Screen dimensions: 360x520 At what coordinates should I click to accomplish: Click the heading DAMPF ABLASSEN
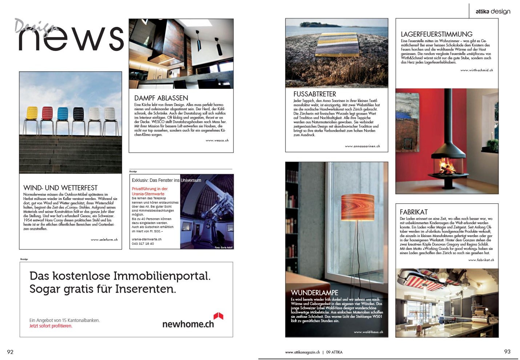pos(161,98)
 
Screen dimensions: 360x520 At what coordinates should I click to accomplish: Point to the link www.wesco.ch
pos(217,140)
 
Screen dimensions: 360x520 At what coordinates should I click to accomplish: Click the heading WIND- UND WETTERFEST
pos(60,188)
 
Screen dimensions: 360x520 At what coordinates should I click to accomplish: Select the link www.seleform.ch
pos(104,240)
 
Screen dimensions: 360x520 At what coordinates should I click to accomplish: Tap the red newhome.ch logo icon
pos(218,316)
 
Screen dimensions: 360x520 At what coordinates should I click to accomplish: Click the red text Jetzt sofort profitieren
pos(51,326)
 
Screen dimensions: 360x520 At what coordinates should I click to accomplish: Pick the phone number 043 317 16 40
pos(143,244)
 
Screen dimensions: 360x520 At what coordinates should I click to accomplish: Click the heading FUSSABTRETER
pos(315,94)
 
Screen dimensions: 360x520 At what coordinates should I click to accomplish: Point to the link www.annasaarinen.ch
pos(362,146)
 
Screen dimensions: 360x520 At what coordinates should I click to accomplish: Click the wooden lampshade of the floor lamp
pos(358,207)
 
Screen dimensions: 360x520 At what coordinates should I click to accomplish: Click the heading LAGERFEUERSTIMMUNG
pos(436,34)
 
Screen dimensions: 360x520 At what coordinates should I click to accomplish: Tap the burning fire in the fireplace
pos(447,167)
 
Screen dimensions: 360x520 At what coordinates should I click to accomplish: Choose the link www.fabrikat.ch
pos(481,260)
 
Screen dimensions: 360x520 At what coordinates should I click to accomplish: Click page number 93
pos(507,351)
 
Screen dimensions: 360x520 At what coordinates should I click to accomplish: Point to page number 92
pos(10,352)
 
